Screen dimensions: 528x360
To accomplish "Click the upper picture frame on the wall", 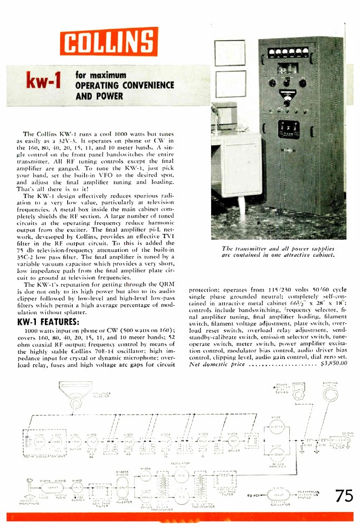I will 230,52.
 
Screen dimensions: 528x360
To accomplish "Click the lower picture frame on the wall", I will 230,83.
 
